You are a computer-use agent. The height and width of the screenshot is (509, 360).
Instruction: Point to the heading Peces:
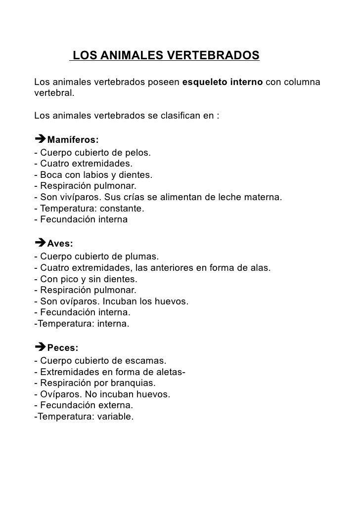pos(62,348)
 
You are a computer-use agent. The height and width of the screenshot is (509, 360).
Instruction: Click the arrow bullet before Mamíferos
pos(40,140)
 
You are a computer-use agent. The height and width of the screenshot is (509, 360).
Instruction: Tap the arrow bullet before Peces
pos(40,348)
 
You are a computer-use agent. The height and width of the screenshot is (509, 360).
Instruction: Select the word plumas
pos(143,256)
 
